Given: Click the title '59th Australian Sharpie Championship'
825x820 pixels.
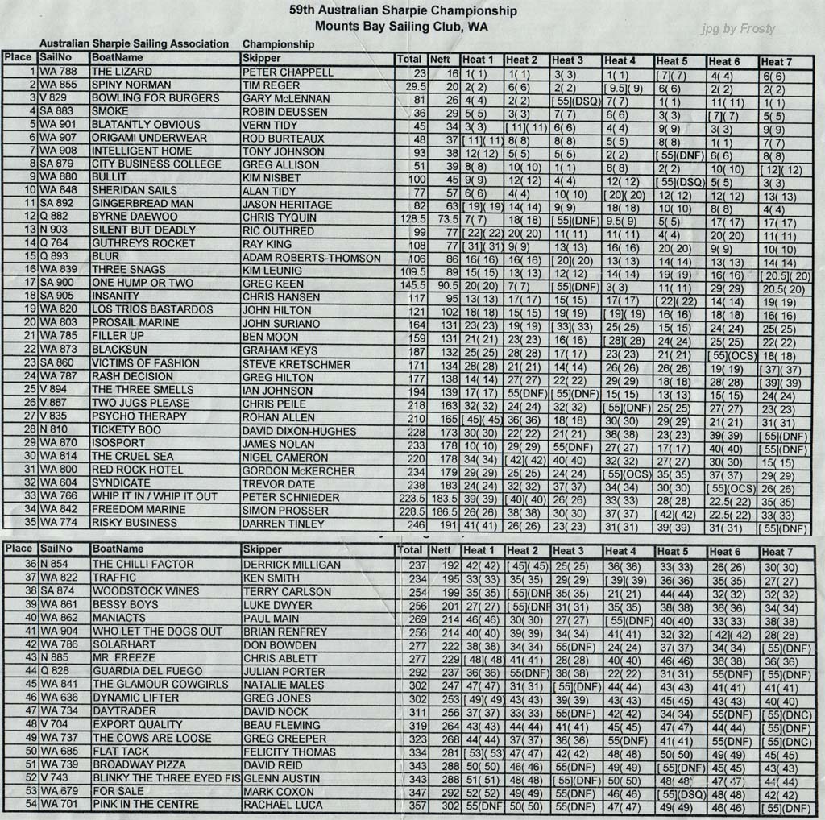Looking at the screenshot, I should [403, 11].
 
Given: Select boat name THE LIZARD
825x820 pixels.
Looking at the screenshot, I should [122, 72].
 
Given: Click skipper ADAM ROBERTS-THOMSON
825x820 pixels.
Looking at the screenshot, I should [311, 258].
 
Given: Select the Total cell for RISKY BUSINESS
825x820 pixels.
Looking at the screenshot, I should [408, 524].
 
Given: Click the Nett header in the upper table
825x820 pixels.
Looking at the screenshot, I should [440, 59].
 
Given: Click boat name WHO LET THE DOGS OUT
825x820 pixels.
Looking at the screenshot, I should [156, 632].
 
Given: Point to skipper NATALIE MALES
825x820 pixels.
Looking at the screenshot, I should [283, 685].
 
